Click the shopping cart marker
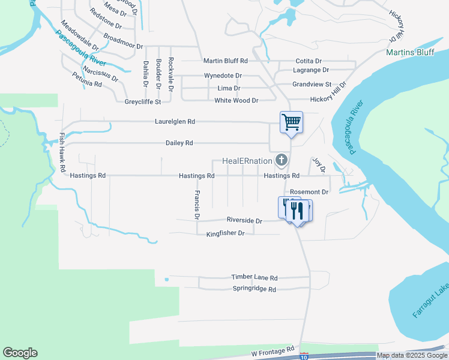click(x=291, y=122)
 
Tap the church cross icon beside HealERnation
click(x=281, y=160)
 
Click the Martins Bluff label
click(x=410, y=52)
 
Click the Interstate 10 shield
click(x=304, y=356)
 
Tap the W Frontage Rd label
click(x=273, y=349)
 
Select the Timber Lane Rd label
click(x=255, y=278)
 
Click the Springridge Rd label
click(x=254, y=289)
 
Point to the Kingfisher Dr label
click(x=226, y=233)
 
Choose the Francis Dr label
click(x=197, y=205)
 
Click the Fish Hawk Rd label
click(x=62, y=153)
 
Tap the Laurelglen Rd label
click(x=175, y=121)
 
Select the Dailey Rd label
click(x=179, y=143)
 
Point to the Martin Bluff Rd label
click(x=225, y=61)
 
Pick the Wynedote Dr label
click(x=223, y=76)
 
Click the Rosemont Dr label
click(x=309, y=192)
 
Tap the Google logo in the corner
click(x=20, y=353)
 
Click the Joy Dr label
click(x=318, y=166)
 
